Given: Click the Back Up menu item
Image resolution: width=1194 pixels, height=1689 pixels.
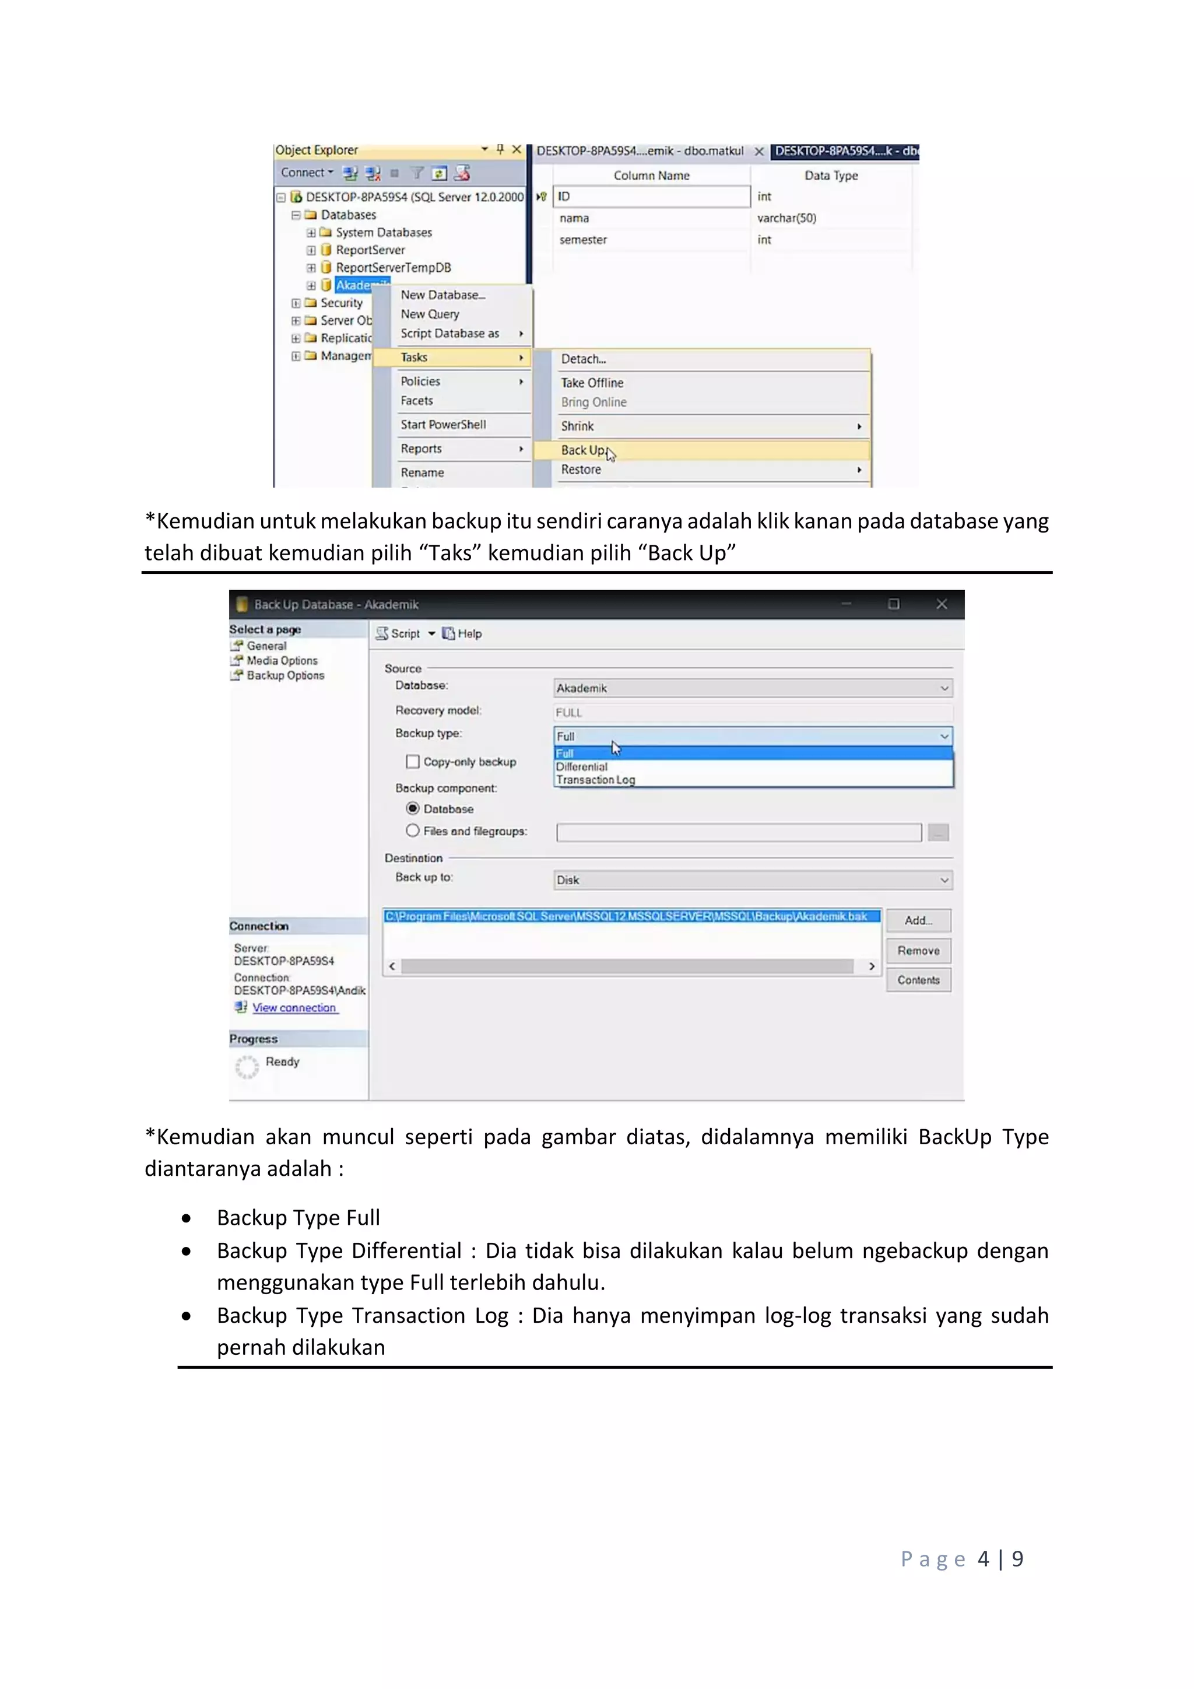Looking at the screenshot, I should pyautogui.click(x=583, y=450).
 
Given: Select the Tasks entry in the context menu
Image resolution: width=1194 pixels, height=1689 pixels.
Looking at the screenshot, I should pyautogui.click(x=414, y=358).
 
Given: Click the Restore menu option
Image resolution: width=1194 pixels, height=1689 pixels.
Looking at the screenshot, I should pyautogui.click(x=581, y=470).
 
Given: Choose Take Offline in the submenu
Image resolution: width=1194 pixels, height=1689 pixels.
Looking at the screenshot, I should pyautogui.click(x=592, y=383).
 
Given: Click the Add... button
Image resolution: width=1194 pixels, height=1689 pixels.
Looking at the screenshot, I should pyautogui.click(x=918, y=920).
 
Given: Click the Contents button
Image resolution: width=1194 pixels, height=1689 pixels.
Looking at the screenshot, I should pyautogui.click(x=918, y=980).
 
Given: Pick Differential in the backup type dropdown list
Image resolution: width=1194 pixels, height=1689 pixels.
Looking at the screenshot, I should pyautogui.click(x=582, y=766).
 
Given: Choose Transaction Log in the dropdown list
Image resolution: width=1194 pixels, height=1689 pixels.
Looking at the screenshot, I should pyautogui.click(x=595, y=780).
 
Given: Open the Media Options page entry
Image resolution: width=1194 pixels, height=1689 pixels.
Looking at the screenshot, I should pyautogui.click(x=282, y=661).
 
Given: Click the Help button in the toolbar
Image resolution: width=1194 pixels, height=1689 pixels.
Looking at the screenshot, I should pyautogui.click(x=462, y=633).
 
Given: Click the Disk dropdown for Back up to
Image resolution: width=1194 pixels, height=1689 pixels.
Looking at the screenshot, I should pyautogui.click(x=752, y=880).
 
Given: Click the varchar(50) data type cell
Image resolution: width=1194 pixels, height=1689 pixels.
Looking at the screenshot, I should pyautogui.click(x=786, y=218).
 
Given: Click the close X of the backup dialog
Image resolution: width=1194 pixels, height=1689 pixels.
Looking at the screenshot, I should pyautogui.click(x=941, y=604).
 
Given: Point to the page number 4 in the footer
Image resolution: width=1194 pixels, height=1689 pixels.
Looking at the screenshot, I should pyautogui.click(x=983, y=1559).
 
